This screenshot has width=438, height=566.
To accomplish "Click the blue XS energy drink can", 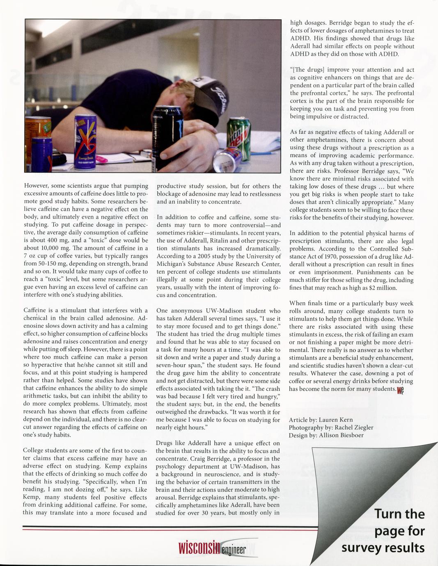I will (x=86, y=138).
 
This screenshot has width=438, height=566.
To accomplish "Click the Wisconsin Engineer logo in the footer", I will (x=212, y=548).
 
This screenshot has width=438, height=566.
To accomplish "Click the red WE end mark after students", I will (x=401, y=390).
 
